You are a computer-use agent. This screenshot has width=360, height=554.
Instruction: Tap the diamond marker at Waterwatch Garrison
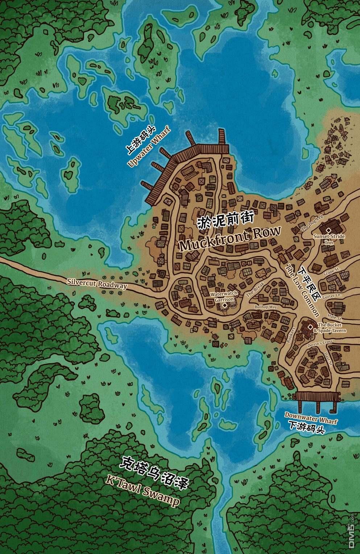coord(225,306)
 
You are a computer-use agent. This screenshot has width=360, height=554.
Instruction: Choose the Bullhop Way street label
coord(265,307)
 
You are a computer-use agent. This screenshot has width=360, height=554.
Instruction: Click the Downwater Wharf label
coord(311,417)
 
